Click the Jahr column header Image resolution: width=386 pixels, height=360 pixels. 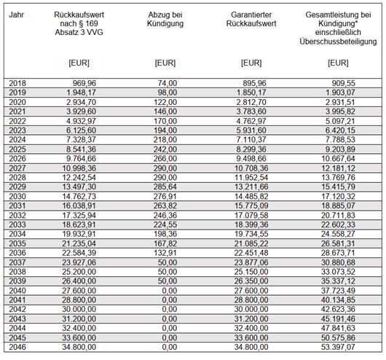pyautogui.click(x=16, y=15)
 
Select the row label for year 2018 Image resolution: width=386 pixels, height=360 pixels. pyautogui.click(x=17, y=83)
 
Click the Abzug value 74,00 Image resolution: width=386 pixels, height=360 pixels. pyautogui.click(x=168, y=83)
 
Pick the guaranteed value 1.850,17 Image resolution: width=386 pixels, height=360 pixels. pyautogui.click(x=251, y=93)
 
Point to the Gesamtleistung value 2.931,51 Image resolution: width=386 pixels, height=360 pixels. pyautogui.click(x=340, y=102)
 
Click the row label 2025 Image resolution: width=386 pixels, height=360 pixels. pyautogui.click(x=17, y=149)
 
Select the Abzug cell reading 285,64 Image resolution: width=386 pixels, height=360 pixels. pyautogui.click(x=165, y=187)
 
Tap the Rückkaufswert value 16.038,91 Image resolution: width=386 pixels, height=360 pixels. pyautogui.click(x=79, y=206)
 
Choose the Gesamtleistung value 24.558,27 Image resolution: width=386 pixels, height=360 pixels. pyautogui.click(x=338, y=234)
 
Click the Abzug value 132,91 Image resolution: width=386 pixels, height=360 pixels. pyautogui.click(x=165, y=253)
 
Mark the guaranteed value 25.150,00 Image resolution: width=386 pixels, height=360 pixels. pyautogui.click(x=251, y=272)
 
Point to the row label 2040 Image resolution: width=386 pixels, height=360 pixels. pyautogui.click(x=17, y=291)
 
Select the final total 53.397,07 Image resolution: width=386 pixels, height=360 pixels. pyautogui.click(x=338, y=347)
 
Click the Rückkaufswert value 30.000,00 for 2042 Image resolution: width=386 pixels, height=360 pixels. pyautogui.click(x=79, y=310)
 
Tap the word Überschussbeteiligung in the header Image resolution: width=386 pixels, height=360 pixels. pyautogui.click(x=338, y=42)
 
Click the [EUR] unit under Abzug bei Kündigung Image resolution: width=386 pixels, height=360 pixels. pyautogui.click(x=165, y=63)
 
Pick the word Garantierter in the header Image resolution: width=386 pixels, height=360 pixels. pyautogui.click(x=251, y=15)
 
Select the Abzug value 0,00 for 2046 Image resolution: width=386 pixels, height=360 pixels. pyautogui.click(x=170, y=347)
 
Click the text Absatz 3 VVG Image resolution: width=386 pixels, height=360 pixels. pyautogui.click(x=79, y=33)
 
